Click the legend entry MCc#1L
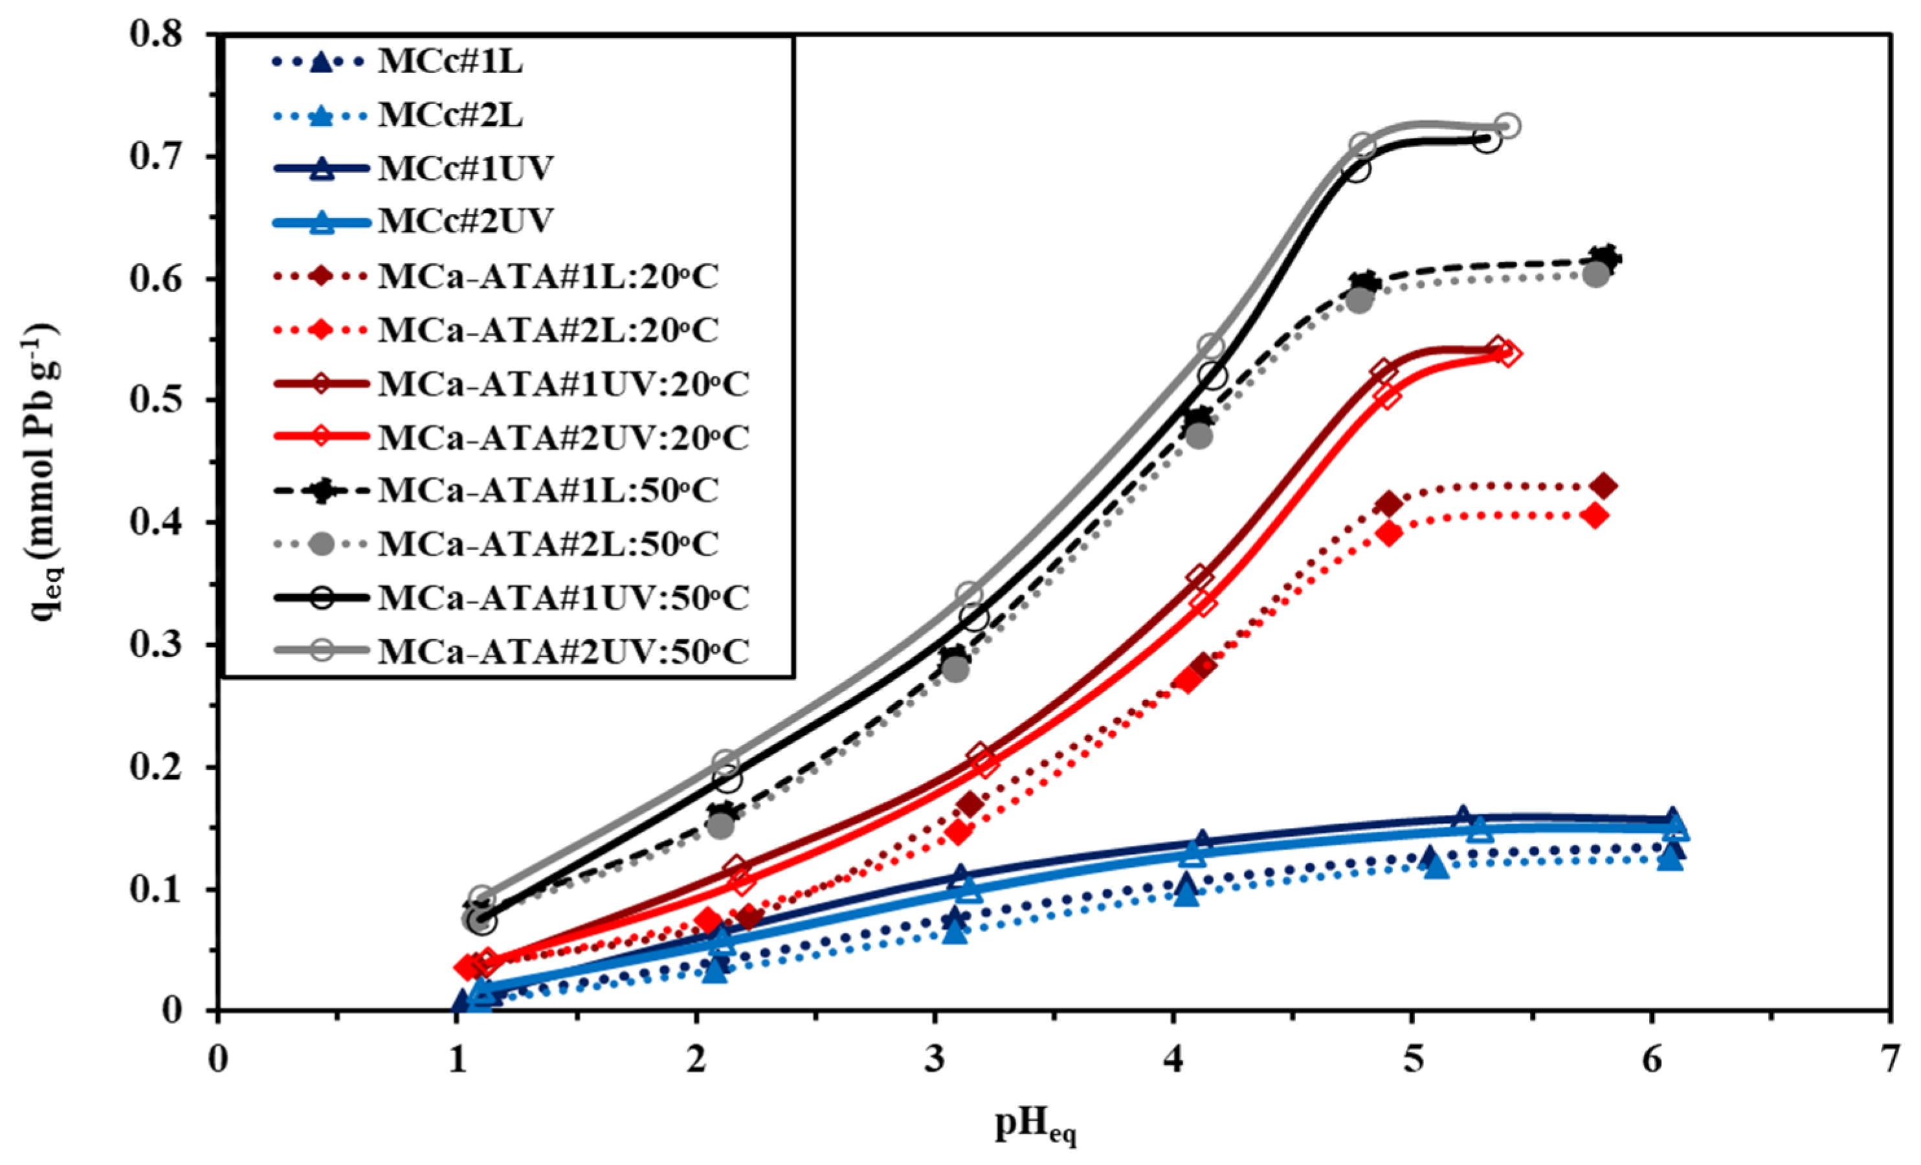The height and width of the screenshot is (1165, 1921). [x=450, y=62]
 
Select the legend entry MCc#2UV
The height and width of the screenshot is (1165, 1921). [x=465, y=221]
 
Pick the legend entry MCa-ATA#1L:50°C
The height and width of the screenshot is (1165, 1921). [x=548, y=491]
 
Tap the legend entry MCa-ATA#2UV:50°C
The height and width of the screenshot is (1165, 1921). [x=563, y=651]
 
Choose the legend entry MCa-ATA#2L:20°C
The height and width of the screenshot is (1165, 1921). [x=548, y=331]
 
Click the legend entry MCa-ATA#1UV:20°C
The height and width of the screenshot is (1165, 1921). [x=563, y=384]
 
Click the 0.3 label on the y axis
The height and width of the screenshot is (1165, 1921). [x=160, y=645]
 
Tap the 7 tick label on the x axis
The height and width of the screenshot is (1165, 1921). [x=1890, y=1062]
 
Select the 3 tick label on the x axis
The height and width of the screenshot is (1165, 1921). [x=935, y=1062]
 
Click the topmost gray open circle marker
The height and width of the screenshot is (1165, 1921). [x=1508, y=125]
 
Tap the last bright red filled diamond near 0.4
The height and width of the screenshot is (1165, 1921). [x=1595, y=515]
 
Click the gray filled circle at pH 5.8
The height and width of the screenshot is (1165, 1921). [x=1596, y=274]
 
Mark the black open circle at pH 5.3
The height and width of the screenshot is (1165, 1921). [x=1487, y=141]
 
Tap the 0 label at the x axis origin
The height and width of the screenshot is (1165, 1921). [x=218, y=1062]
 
